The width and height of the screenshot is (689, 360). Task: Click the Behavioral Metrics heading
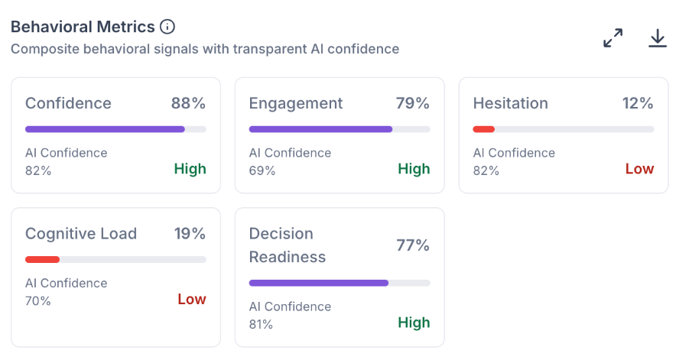[x=83, y=27]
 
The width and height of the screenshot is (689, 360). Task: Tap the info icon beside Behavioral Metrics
[x=167, y=27]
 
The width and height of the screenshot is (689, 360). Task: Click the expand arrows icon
[x=613, y=37]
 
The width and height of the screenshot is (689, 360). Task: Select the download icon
[x=658, y=37]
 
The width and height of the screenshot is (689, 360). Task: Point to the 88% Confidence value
[x=188, y=103]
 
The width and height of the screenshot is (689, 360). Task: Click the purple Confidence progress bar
[x=105, y=129]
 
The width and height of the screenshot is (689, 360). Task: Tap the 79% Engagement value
[x=412, y=103]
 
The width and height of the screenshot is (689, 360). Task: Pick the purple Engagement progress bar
[x=320, y=129]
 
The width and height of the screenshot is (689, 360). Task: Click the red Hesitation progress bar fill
[x=484, y=129]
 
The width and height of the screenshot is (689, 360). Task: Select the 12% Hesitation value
[x=638, y=103]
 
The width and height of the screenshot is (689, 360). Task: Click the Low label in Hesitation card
[x=640, y=169]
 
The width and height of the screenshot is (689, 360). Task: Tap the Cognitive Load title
[x=81, y=234]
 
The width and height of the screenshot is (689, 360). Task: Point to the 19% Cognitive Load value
[x=190, y=234]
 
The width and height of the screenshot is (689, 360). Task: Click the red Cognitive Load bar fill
[x=42, y=259]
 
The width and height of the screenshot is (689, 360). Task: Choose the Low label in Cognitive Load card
[x=192, y=299]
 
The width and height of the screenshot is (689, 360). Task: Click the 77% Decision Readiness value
[x=413, y=245]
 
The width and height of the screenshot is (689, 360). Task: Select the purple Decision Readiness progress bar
[x=319, y=283]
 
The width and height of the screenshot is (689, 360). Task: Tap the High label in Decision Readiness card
[x=414, y=323]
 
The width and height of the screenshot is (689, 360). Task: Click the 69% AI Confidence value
[x=262, y=170]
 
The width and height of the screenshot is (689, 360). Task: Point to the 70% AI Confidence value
[x=37, y=300]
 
